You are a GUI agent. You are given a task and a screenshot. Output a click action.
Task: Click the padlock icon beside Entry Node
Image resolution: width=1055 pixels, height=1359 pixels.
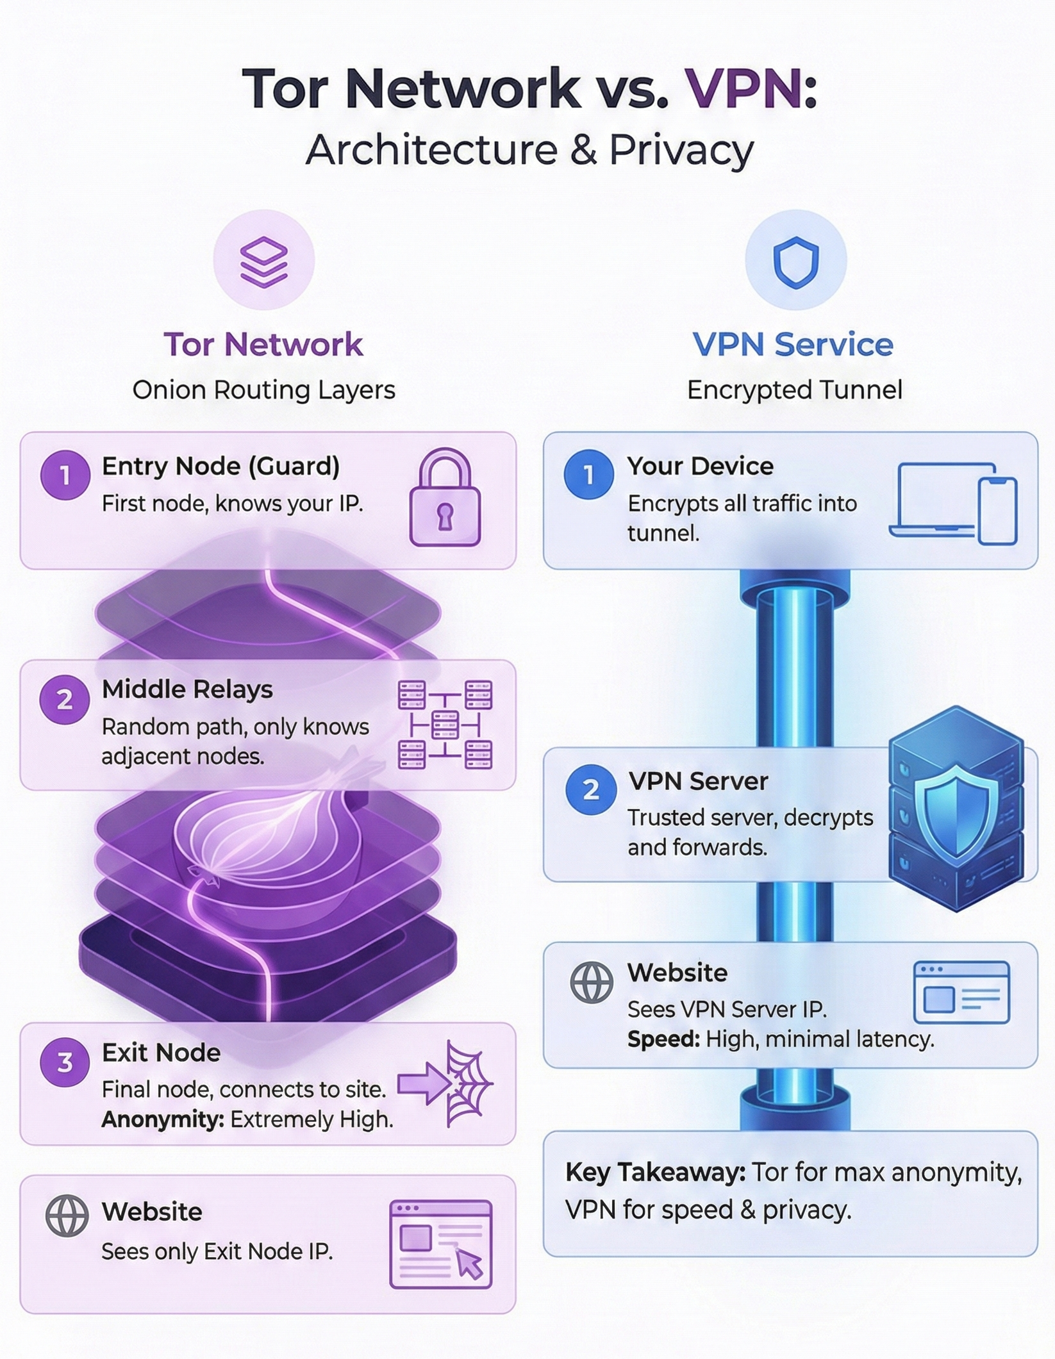pos(445,498)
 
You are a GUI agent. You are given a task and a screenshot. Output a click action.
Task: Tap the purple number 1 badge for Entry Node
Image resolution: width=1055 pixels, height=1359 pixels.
pos(65,475)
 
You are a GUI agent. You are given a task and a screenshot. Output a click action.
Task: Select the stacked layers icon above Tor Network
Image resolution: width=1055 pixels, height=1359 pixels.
pos(264,261)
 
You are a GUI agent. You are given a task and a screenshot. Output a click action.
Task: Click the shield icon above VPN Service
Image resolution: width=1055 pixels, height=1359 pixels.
pos(796,261)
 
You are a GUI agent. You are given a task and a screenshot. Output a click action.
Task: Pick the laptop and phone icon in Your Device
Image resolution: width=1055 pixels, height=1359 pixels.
pos(953,504)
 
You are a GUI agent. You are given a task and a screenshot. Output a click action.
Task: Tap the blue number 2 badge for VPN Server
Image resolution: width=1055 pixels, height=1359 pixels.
pos(590,789)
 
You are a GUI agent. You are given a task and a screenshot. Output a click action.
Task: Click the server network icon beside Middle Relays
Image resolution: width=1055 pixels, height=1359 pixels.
pos(445,725)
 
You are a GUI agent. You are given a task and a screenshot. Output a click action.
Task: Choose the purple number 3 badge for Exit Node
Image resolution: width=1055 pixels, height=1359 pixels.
pos(65,1062)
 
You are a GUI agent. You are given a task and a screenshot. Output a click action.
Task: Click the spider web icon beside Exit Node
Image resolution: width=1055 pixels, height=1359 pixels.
pos(468,1083)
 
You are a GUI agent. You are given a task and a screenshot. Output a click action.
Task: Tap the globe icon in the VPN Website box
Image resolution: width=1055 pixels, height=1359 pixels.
pos(591,982)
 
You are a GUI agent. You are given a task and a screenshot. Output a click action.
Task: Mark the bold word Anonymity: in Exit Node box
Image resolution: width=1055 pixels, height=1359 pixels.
pos(163,1119)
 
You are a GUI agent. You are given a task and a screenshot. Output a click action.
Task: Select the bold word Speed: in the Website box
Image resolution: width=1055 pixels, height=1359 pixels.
pos(663,1039)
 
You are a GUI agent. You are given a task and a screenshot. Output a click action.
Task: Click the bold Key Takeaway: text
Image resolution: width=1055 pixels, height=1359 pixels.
pos(655,1173)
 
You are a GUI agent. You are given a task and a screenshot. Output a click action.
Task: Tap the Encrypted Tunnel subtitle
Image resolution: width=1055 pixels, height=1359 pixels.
pos(795,390)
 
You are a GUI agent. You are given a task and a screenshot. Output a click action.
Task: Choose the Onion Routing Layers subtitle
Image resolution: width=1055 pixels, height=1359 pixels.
pos(263,390)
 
